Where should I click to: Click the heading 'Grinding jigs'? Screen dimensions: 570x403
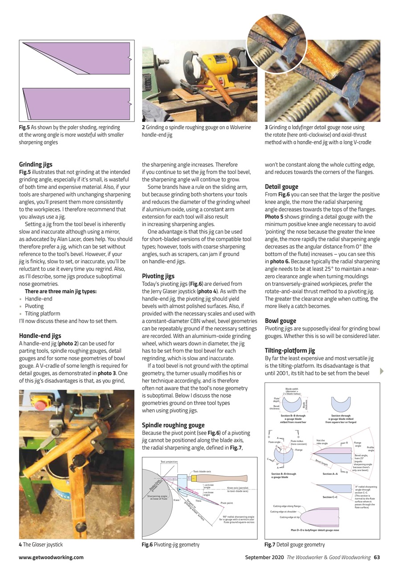(36, 164)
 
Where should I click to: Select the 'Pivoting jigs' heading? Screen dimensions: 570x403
(158, 276)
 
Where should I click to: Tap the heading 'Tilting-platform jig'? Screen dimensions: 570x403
(290, 350)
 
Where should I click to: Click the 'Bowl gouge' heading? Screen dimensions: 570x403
(281, 321)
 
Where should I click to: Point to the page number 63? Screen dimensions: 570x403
(377, 557)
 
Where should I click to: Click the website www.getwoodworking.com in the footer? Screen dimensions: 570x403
(51, 557)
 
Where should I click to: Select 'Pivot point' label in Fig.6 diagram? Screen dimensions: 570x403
(227, 503)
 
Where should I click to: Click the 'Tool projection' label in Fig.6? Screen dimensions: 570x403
(169, 462)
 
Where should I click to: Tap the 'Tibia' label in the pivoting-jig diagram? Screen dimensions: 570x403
(199, 501)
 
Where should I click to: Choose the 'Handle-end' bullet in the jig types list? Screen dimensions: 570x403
(38, 299)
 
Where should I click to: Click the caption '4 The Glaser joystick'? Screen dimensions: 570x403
(41, 544)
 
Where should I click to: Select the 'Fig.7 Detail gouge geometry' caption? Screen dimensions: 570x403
(294, 544)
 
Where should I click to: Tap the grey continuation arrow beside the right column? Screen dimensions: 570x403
(381, 371)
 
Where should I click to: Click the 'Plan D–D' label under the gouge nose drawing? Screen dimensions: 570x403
(314, 530)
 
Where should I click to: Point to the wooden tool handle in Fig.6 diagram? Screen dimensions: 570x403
(232, 478)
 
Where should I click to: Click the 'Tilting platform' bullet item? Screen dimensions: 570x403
(42, 313)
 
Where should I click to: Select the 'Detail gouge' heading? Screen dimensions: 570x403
(281, 187)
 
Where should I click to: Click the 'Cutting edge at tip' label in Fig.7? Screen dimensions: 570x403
(289, 517)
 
